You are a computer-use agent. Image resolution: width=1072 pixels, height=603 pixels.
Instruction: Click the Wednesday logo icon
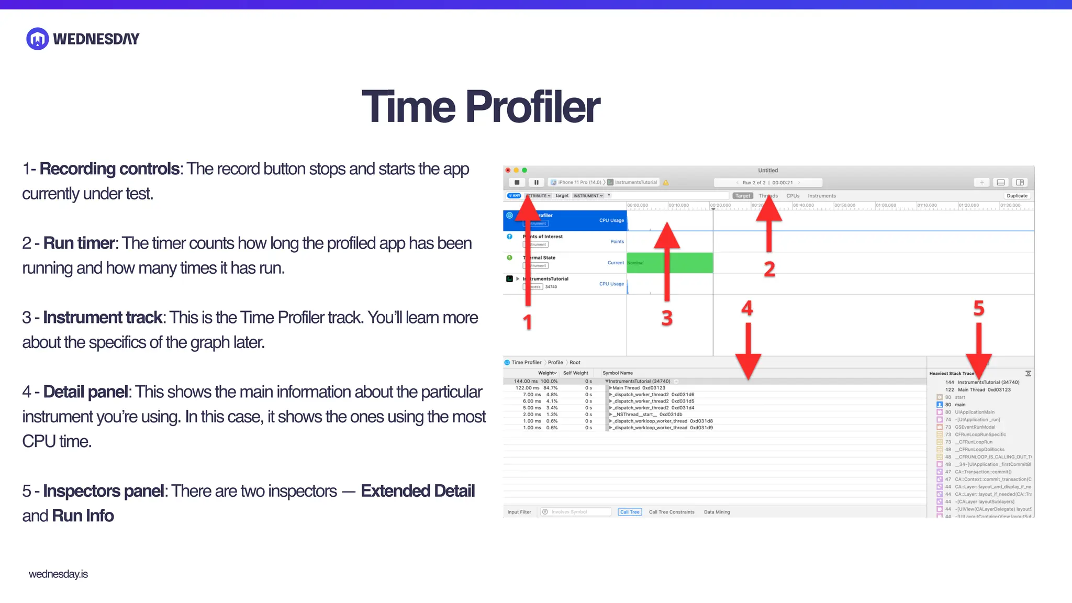[x=38, y=39]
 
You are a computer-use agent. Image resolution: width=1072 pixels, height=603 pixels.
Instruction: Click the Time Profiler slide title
[x=481, y=107]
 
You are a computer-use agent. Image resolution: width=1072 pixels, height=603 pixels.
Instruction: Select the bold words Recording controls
[x=109, y=169]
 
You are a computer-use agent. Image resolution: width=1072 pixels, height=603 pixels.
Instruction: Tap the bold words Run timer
[x=79, y=243]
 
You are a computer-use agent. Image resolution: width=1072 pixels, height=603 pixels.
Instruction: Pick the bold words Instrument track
[x=103, y=318]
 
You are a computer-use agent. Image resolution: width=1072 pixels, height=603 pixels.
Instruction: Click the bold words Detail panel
[x=86, y=392]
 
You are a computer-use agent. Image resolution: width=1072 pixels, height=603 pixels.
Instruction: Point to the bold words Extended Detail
[x=417, y=491]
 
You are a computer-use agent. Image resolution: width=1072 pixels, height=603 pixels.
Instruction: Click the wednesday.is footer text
[x=58, y=574]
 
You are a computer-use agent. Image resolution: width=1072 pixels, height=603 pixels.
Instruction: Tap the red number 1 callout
[x=528, y=321]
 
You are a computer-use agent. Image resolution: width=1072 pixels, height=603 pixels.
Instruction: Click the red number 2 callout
[x=769, y=269]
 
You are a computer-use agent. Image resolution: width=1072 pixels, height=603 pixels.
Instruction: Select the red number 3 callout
[x=667, y=318]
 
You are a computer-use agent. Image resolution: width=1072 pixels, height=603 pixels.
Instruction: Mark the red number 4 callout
[x=747, y=308]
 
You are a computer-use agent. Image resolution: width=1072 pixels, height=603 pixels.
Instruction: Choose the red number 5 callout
[x=978, y=308]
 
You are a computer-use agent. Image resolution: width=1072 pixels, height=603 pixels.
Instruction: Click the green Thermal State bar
[x=670, y=263]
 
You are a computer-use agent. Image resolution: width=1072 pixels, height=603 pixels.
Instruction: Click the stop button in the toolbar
[x=517, y=183]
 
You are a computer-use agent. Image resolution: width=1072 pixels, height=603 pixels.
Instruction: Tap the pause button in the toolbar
[x=536, y=183]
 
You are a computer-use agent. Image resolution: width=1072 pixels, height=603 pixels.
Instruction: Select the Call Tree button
[x=630, y=512]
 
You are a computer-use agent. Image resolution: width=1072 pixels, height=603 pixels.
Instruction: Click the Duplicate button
[x=1017, y=196]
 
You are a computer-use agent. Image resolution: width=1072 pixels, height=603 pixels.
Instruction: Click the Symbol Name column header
[x=618, y=373]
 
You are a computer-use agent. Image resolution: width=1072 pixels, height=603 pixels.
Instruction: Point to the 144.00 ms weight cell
[x=526, y=382]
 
